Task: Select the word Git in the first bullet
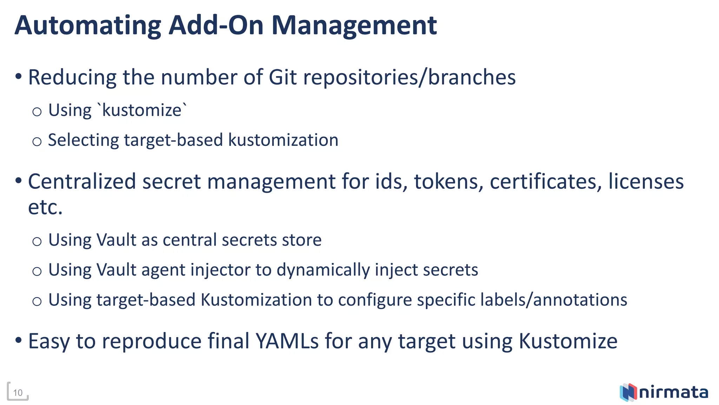[x=283, y=77]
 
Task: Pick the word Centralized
[x=82, y=182]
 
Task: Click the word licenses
[x=646, y=182]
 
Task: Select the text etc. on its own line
[x=45, y=207]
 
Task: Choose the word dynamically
[x=323, y=270]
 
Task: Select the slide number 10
[x=18, y=393]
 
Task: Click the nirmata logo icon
[x=628, y=392]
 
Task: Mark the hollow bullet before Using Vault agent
[x=37, y=271]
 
